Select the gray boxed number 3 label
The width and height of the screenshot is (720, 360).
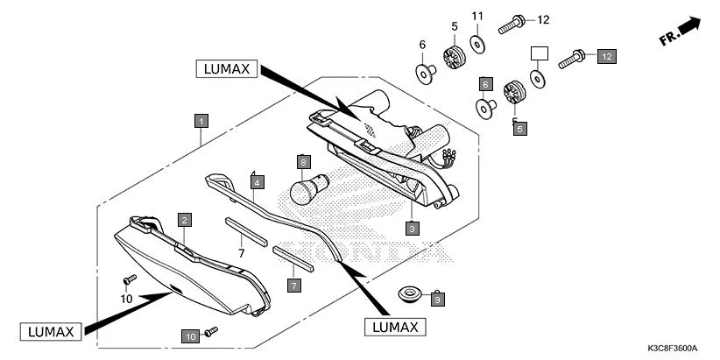(x=412, y=227)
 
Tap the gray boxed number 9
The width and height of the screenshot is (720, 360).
(x=438, y=299)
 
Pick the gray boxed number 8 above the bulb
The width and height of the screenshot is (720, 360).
(x=303, y=162)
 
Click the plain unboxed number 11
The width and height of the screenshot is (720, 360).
(x=477, y=17)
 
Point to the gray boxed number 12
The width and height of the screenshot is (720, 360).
(x=606, y=56)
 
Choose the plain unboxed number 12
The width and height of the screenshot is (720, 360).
(x=542, y=19)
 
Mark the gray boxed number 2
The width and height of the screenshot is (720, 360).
(x=185, y=220)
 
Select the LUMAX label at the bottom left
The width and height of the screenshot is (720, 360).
(x=51, y=330)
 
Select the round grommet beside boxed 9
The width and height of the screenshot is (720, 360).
(x=408, y=292)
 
